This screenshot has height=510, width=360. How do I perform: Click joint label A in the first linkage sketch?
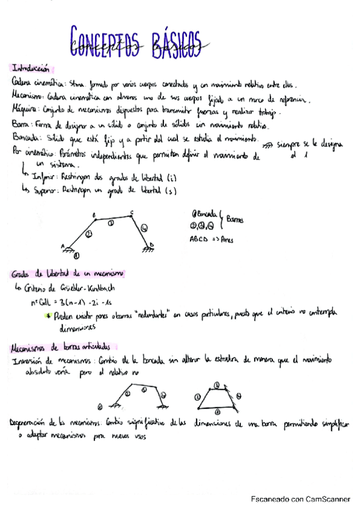(x=63, y=244)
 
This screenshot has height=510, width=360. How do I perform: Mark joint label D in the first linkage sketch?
(x=153, y=245)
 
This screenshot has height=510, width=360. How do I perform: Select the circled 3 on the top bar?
(x=110, y=222)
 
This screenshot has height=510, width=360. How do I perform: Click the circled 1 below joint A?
(x=76, y=255)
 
